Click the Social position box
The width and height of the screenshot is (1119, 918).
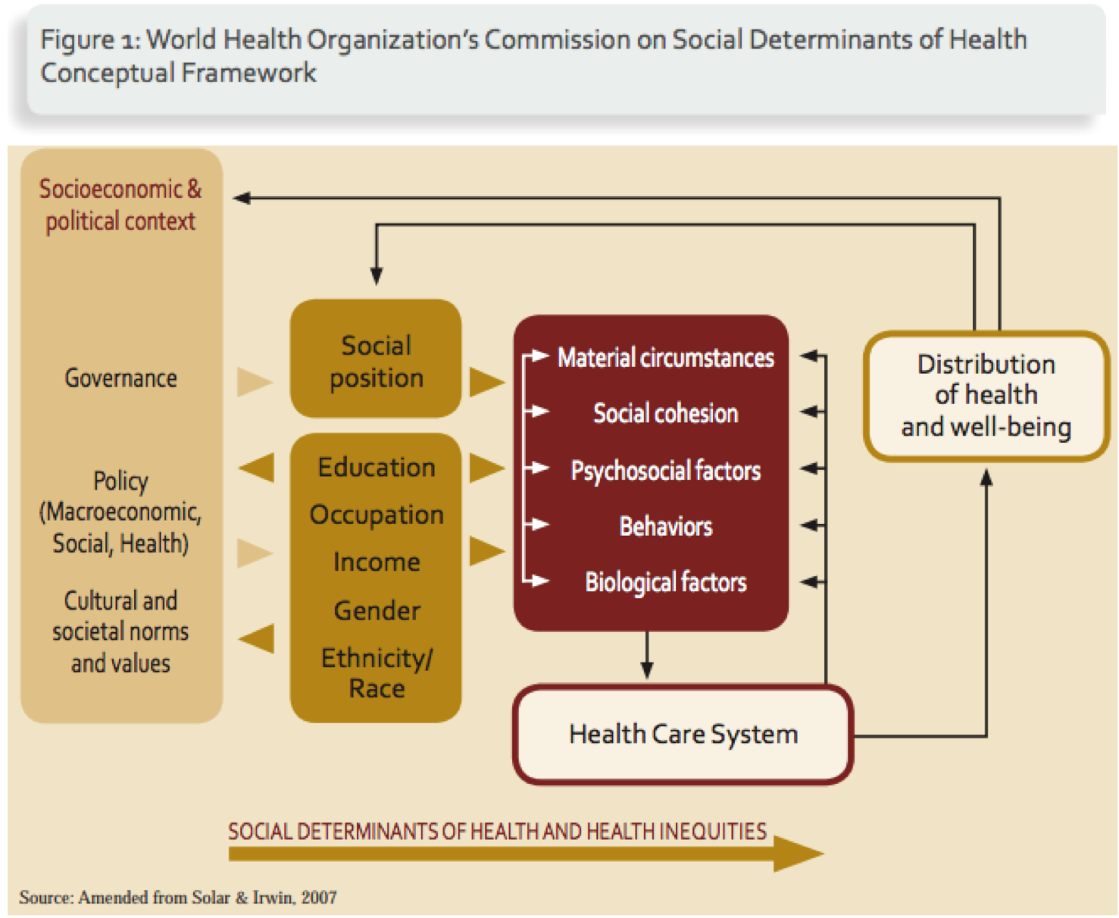[376, 360]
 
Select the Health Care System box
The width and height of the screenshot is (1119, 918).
[683, 734]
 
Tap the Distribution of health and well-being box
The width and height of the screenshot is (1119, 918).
[986, 395]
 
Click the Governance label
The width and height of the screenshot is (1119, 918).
[120, 378]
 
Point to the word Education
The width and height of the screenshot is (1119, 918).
[377, 467]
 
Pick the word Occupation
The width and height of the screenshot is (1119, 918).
[377, 515]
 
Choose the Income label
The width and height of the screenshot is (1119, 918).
[377, 562]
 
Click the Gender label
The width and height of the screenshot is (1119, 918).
[377, 610]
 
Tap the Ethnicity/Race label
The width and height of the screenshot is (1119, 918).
[377, 673]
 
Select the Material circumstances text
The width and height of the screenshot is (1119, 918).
[665, 357]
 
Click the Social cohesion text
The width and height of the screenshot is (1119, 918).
[665, 413]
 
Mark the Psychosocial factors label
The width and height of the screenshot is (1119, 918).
[665, 470]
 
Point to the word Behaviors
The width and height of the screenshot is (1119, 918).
[665, 526]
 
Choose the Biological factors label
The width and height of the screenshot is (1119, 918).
[665, 582]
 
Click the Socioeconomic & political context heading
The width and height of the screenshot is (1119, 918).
[120, 205]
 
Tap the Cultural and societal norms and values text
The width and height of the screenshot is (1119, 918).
[120, 631]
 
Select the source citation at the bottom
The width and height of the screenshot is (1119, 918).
[178, 898]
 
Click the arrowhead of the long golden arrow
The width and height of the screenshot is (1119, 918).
[799, 854]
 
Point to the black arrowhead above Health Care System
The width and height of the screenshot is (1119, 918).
[647, 670]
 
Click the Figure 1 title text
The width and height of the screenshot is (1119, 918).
[533, 55]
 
